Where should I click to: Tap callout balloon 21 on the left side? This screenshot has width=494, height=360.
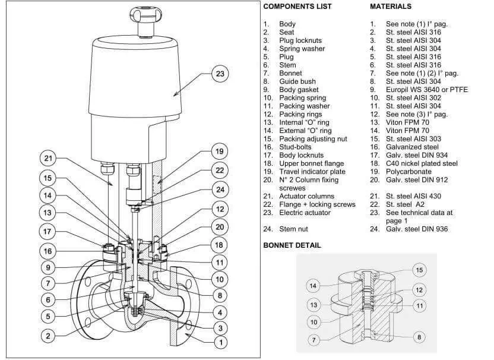point(48,159)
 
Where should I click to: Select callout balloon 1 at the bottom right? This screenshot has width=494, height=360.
point(220,342)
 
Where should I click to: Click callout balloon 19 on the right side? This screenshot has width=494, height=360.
point(220,151)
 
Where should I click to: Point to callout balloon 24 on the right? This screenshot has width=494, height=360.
point(220,190)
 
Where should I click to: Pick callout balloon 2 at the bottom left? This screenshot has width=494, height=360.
point(48,336)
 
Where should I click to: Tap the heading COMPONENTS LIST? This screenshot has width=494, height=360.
point(297,7)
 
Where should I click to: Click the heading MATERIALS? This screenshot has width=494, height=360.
point(390,7)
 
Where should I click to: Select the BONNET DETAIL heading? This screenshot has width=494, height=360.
point(292,245)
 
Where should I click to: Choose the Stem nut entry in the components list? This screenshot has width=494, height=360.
point(294,229)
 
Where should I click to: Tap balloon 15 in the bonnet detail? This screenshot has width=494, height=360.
point(419,270)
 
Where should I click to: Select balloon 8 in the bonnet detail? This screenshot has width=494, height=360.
point(419,337)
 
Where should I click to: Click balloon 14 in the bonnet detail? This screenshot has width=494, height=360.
point(314,286)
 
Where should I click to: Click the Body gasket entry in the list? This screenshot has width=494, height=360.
point(297,89)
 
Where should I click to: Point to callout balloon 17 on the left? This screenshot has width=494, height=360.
point(48,231)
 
